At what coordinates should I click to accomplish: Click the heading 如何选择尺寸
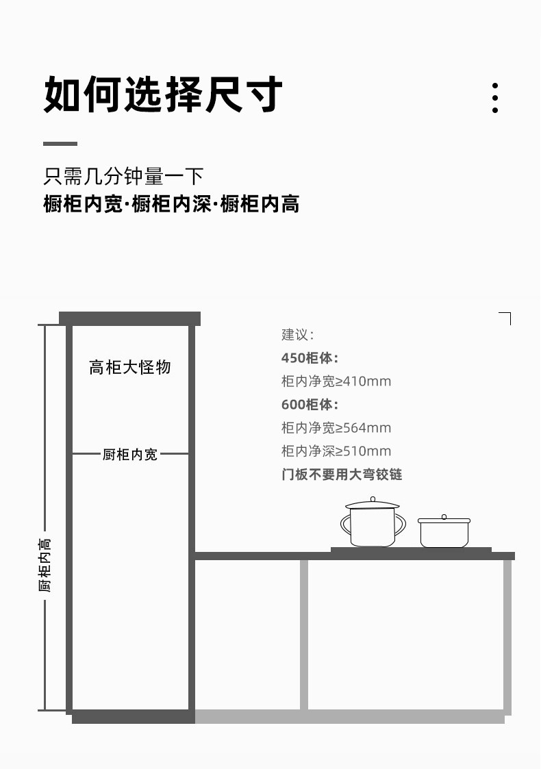163,94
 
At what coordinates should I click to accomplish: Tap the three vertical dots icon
495,98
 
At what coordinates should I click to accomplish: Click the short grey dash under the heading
60,144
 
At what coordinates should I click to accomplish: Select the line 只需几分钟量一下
123,176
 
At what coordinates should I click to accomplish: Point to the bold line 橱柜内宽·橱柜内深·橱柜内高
171,203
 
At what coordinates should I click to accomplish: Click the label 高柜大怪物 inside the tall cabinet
130,367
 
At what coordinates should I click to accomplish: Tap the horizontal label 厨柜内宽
130,454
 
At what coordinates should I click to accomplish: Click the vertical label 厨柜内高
45,565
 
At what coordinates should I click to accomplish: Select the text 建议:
297,335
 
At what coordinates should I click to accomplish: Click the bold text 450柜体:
310,358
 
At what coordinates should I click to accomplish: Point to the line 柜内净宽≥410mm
336,381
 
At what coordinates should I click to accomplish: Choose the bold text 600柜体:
310,405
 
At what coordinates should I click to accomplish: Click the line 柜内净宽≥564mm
336,428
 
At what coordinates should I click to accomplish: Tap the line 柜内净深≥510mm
336,451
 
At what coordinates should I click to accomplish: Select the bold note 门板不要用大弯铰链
342,475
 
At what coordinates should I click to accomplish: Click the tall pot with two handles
373,522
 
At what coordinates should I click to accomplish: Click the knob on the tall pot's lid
373,499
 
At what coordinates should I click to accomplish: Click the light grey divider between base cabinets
304,635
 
